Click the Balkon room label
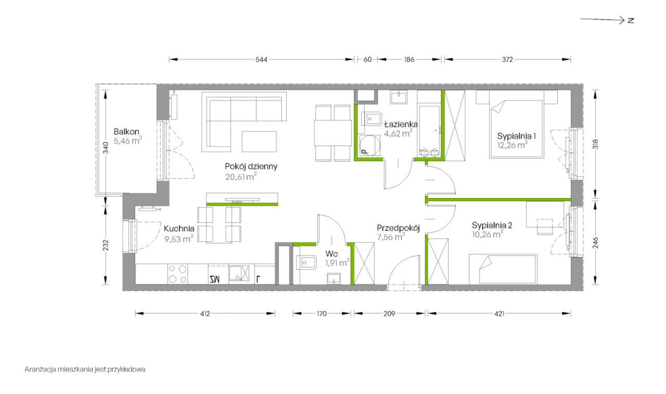(x=126, y=132)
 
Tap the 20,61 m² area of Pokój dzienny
(x=241, y=177)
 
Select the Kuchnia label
(x=179, y=229)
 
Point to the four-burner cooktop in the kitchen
(x=177, y=274)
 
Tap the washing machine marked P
(x=370, y=145)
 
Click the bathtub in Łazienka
(x=429, y=130)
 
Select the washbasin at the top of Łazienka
(x=399, y=97)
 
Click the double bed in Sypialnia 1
(x=517, y=129)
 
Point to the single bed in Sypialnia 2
(x=503, y=269)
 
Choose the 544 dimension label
(x=261, y=59)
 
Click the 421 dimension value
(x=499, y=314)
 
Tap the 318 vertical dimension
(x=595, y=144)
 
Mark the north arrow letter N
(x=631, y=20)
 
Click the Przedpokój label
(x=398, y=228)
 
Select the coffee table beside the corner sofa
(x=259, y=141)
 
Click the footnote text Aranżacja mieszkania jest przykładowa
(x=85, y=370)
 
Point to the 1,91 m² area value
(x=337, y=263)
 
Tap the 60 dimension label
(x=367, y=59)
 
